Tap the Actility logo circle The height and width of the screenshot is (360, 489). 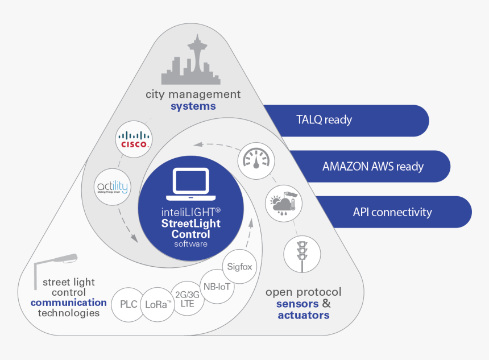112,187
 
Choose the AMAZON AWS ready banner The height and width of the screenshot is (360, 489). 372,166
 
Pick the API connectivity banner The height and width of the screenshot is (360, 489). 392,212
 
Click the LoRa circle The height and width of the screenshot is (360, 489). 158,304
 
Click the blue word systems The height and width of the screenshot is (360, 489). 193,106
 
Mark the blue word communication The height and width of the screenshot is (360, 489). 68,303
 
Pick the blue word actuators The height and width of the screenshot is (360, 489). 303,315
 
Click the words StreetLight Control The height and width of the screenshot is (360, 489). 190,229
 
